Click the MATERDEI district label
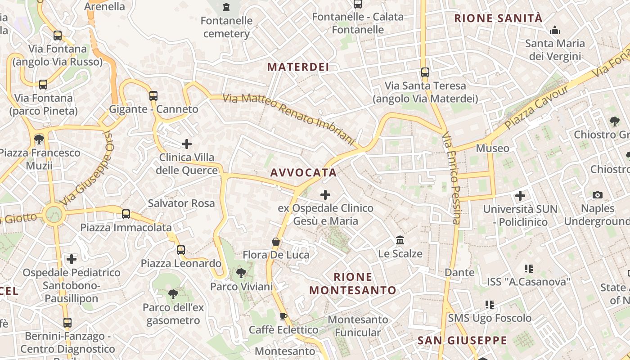298,67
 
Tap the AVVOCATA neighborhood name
303,172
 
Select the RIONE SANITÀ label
498,18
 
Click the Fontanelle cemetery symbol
226,7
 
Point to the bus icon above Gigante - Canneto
153,95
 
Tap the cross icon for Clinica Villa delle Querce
187,144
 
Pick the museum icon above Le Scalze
400,240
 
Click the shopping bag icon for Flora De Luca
276,242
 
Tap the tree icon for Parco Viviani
241,273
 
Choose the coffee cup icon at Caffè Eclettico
283,316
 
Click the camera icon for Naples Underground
598,195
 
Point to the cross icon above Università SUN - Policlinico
520,196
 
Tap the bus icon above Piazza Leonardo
181,250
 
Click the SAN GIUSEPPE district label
462,340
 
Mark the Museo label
493,148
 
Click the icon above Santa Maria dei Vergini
555,31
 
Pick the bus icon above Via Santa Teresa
425,72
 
